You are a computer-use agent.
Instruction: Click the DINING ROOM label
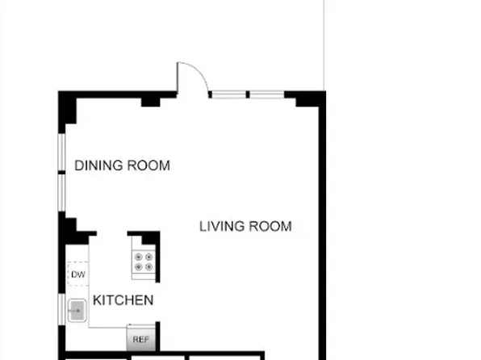click(122, 166)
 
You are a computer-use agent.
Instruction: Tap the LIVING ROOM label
click(245, 226)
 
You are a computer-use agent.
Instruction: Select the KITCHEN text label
click(123, 300)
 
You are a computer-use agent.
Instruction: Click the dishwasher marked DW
click(77, 275)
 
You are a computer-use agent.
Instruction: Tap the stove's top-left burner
click(138, 257)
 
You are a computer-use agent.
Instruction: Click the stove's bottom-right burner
click(148, 266)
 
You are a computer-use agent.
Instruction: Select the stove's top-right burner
click(148, 257)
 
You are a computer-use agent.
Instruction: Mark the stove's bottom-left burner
click(138, 266)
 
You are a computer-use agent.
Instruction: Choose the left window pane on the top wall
click(228, 94)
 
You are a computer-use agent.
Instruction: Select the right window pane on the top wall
click(266, 94)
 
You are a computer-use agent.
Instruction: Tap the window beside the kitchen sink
click(62, 310)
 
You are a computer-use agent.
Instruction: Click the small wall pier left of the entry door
click(150, 101)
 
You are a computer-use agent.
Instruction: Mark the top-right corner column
click(310, 99)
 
